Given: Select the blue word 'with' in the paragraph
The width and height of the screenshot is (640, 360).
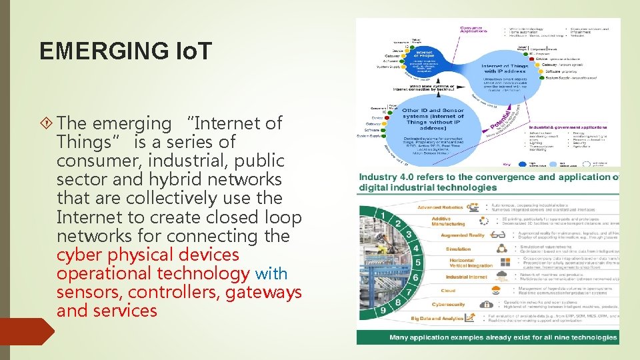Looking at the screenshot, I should coord(271,273).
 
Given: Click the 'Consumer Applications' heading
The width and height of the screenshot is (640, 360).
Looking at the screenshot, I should coord(474,30).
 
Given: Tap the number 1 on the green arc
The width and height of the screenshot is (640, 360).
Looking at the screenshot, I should coord(383,215).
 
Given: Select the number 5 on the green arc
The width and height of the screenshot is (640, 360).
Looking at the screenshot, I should coord(417,263).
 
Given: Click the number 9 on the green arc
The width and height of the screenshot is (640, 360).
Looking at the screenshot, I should coord(383,310).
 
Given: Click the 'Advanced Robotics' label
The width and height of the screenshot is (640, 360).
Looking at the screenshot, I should coord(439,207).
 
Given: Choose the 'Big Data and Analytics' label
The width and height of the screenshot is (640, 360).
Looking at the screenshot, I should coord(437,319).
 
